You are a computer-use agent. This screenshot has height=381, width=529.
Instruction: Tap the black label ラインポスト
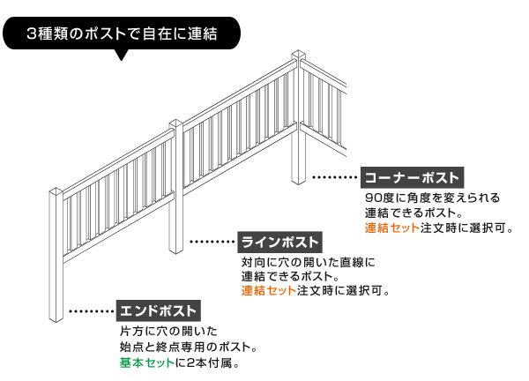[x=280, y=241]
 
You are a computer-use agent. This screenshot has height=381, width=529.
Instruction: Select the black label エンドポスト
[x=158, y=310]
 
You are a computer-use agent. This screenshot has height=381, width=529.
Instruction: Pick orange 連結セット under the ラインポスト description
[x=268, y=290]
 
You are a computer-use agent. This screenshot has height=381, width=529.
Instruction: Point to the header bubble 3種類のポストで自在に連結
[x=122, y=36]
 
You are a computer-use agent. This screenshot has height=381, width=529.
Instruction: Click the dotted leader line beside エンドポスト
[x=90, y=311]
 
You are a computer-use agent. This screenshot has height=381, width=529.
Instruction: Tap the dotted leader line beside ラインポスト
[x=212, y=241]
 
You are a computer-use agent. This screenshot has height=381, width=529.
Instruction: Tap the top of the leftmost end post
[x=59, y=191]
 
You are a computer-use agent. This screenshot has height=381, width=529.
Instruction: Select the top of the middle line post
[x=176, y=123]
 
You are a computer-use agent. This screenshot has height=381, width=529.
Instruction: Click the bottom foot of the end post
[x=59, y=320]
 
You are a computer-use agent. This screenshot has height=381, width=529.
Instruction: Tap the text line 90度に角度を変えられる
[x=432, y=197]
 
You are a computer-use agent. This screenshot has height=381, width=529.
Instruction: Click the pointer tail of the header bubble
[x=122, y=56]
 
